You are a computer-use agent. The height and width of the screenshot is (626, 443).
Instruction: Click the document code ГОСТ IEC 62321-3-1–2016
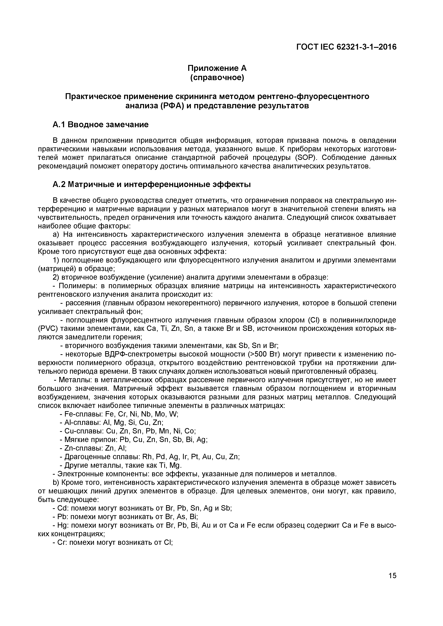346,47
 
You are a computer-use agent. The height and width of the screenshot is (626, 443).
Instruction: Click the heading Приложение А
217,68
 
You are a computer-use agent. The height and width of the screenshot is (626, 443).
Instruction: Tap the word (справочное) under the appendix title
217,78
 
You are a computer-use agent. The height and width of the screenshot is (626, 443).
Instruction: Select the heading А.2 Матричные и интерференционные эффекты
151,185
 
